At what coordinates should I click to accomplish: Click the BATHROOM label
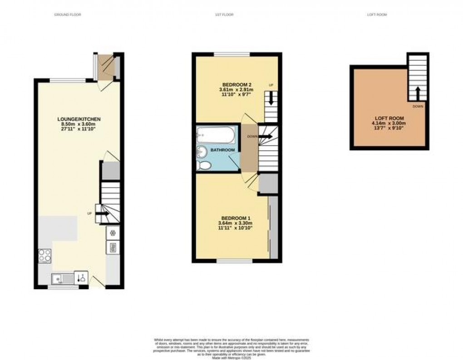[x=224, y=150]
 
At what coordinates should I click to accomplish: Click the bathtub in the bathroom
[x=216, y=135]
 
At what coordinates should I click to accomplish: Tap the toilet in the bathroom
[x=204, y=165]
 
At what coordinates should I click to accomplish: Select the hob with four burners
[x=45, y=256]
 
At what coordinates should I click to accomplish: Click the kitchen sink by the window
[x=63, y=278]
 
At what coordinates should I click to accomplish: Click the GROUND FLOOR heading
[x=67, y=15]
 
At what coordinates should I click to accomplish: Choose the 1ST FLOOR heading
[x=224, y=15]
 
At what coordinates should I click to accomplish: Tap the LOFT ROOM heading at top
[x=377, y=15]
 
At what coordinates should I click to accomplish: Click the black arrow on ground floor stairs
[x=103, y=213]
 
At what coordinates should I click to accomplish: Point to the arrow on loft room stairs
[x=417, y=94]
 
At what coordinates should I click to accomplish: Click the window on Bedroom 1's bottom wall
[x=234, y=261]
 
